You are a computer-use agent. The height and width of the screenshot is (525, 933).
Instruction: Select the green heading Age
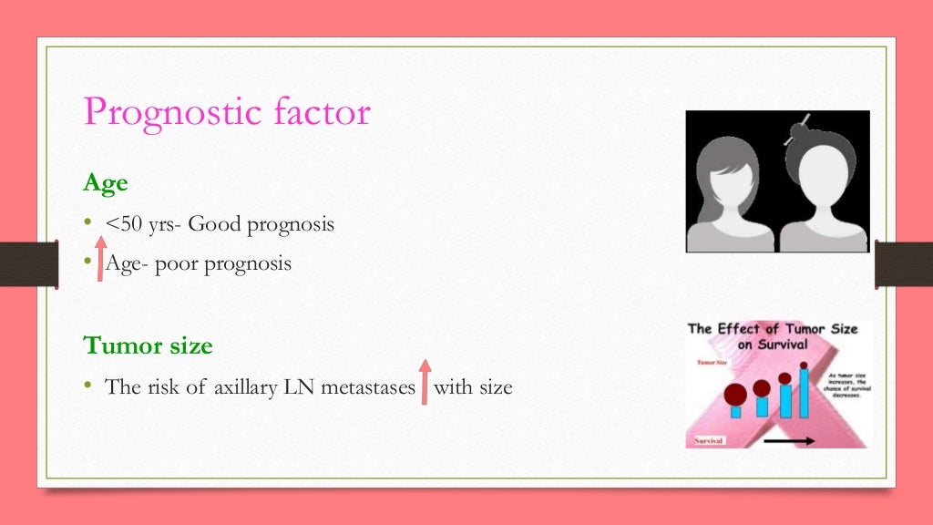(x=106, y=183)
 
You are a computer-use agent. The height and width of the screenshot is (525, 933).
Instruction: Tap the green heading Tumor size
(x=148, y=345)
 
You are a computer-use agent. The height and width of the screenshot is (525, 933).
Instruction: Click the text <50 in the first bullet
(x=124, y=223)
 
